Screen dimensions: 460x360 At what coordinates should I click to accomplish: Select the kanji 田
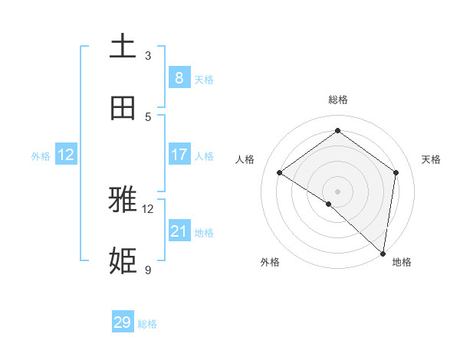123,109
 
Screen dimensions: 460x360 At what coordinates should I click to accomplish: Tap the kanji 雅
123,201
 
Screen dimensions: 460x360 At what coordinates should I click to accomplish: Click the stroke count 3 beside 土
148,55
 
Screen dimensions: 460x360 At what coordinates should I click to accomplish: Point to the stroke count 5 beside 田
148,116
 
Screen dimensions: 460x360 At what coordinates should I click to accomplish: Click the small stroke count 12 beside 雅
148,208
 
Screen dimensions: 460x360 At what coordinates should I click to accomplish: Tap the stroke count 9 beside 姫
148,270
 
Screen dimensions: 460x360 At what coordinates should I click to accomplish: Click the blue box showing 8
179,78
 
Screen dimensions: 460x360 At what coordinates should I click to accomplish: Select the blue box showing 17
179,155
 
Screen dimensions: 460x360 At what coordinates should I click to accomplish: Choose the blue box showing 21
179,231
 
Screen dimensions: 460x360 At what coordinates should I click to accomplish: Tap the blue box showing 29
123,322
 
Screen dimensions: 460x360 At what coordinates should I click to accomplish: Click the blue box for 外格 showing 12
66,155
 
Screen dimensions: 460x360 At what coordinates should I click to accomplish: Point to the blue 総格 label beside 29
147,324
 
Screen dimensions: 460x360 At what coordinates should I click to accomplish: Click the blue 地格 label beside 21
204,233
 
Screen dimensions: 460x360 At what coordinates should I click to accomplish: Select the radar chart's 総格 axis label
337,100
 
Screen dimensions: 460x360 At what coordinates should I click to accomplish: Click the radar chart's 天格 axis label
431,159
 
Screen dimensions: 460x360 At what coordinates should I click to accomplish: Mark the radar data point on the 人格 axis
280,173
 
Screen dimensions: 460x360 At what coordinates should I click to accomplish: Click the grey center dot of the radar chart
337,191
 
